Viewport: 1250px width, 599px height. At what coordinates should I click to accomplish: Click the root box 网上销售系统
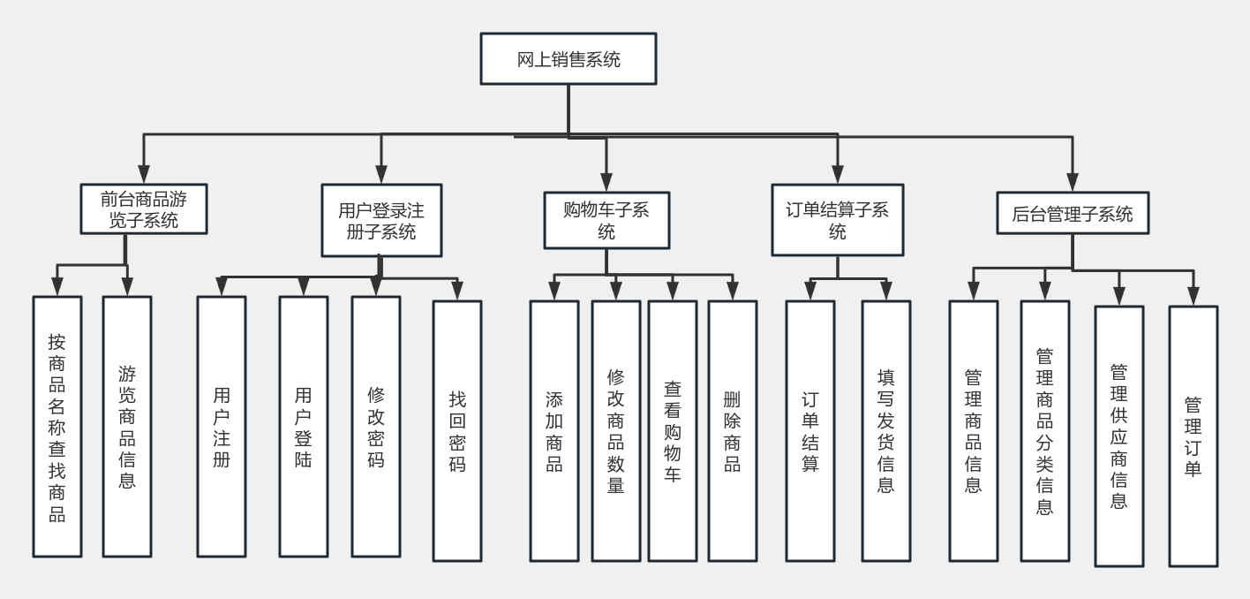pos(568,59)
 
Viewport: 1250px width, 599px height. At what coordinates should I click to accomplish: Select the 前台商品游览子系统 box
pos(143,209)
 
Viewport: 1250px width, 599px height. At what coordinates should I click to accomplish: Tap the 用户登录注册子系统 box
pos(380,221)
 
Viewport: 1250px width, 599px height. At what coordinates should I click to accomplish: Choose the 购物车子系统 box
pos(606,220)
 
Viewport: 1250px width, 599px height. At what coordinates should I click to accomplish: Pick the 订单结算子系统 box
pos(838,221)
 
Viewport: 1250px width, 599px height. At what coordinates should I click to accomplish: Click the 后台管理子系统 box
pos(1072,214)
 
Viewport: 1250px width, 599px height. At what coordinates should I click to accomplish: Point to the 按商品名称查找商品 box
pos(57,426)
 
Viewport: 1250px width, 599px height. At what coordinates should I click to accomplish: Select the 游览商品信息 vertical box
pos(127,426)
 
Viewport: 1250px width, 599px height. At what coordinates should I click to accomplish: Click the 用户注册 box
pos(222,426)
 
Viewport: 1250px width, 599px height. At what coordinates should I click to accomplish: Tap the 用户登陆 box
pos(304,426)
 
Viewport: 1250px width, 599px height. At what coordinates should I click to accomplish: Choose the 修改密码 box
pos(375,426)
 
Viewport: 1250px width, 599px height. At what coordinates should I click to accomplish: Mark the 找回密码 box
pos(457,431)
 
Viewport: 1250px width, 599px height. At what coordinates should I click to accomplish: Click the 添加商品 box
pos(554,431)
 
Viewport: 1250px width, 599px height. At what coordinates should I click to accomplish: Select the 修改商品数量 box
pos(616,431)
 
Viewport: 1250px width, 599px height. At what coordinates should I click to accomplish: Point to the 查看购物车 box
pos(673,431)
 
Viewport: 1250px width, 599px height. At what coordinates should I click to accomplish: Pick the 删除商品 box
pos(733,431)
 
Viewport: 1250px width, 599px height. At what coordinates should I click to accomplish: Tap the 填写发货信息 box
pos(885,431)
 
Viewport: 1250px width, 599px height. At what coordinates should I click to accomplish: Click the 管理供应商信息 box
pos(1119,436)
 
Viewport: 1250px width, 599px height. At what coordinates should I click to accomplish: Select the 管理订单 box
pos(1194,436)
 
